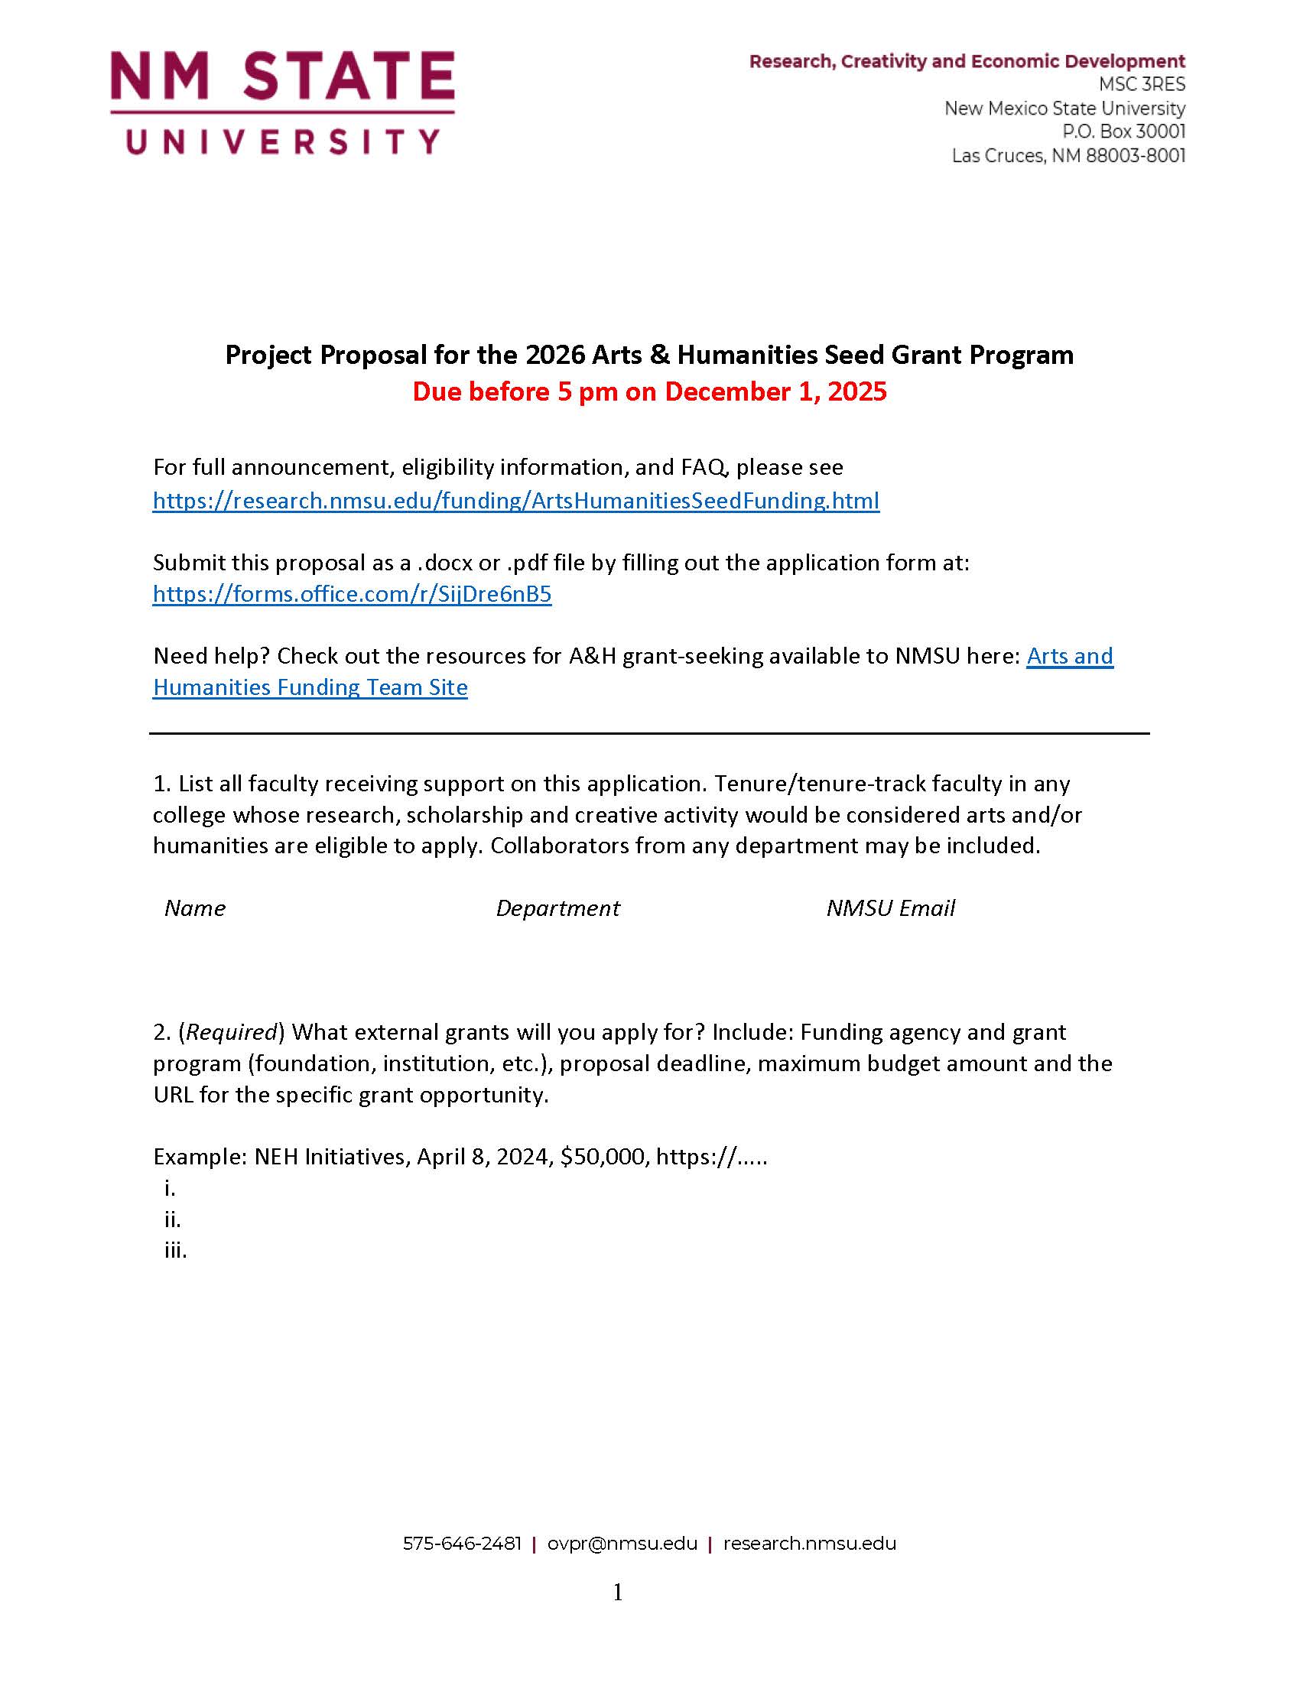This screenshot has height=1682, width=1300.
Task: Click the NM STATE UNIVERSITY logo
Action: point(282,102)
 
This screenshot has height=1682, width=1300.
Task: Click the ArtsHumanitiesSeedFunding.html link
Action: point(515,501)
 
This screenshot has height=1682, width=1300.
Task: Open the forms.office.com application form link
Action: point(352,594)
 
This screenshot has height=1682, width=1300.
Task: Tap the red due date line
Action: point(649,391)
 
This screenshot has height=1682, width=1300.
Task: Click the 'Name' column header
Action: point(195,908)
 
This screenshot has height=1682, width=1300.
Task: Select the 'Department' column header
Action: point(557,908)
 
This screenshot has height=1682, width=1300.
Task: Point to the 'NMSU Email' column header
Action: point(890,908)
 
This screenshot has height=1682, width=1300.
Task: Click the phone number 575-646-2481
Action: point(462,1544)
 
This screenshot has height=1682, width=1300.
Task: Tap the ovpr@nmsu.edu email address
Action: point(622,1544)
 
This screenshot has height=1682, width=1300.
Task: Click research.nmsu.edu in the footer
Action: point(809,1544)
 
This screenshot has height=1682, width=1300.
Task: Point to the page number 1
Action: point(618,1593)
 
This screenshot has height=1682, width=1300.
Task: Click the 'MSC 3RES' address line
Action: point(1142,85)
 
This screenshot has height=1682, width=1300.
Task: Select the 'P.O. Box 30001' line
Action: point(1123,132)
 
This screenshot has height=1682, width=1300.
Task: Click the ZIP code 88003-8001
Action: point(1135,155)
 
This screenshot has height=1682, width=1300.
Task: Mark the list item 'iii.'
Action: point(176,1250)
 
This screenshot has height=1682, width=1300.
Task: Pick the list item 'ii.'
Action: point(173,1219)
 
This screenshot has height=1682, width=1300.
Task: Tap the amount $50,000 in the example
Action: point(604,1157)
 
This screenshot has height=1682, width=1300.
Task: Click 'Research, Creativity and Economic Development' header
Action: point(967,62)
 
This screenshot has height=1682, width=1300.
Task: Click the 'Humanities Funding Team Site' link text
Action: point(310,687)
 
